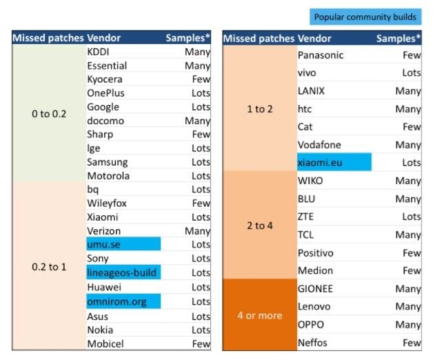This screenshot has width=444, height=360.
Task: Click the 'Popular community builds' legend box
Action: (365, 17)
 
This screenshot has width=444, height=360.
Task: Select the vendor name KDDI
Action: (99, 52)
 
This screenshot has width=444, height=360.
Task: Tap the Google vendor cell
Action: (103, 107)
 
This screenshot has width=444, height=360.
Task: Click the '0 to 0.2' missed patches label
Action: (49, 114)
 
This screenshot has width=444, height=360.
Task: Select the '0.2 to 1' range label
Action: (49, 266)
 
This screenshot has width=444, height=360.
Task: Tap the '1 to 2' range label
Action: (259, 109)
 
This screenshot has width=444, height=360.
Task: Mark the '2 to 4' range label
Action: (259, 226)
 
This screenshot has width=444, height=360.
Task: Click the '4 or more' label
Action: (259, 315)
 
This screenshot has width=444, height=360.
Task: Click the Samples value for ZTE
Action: (411, 217)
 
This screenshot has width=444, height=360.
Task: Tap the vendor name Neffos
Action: (312, 343)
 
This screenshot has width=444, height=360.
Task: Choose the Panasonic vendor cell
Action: (321, 54)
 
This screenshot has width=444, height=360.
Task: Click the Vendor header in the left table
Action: (105, 38)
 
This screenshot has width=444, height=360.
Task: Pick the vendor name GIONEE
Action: (316, 288)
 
